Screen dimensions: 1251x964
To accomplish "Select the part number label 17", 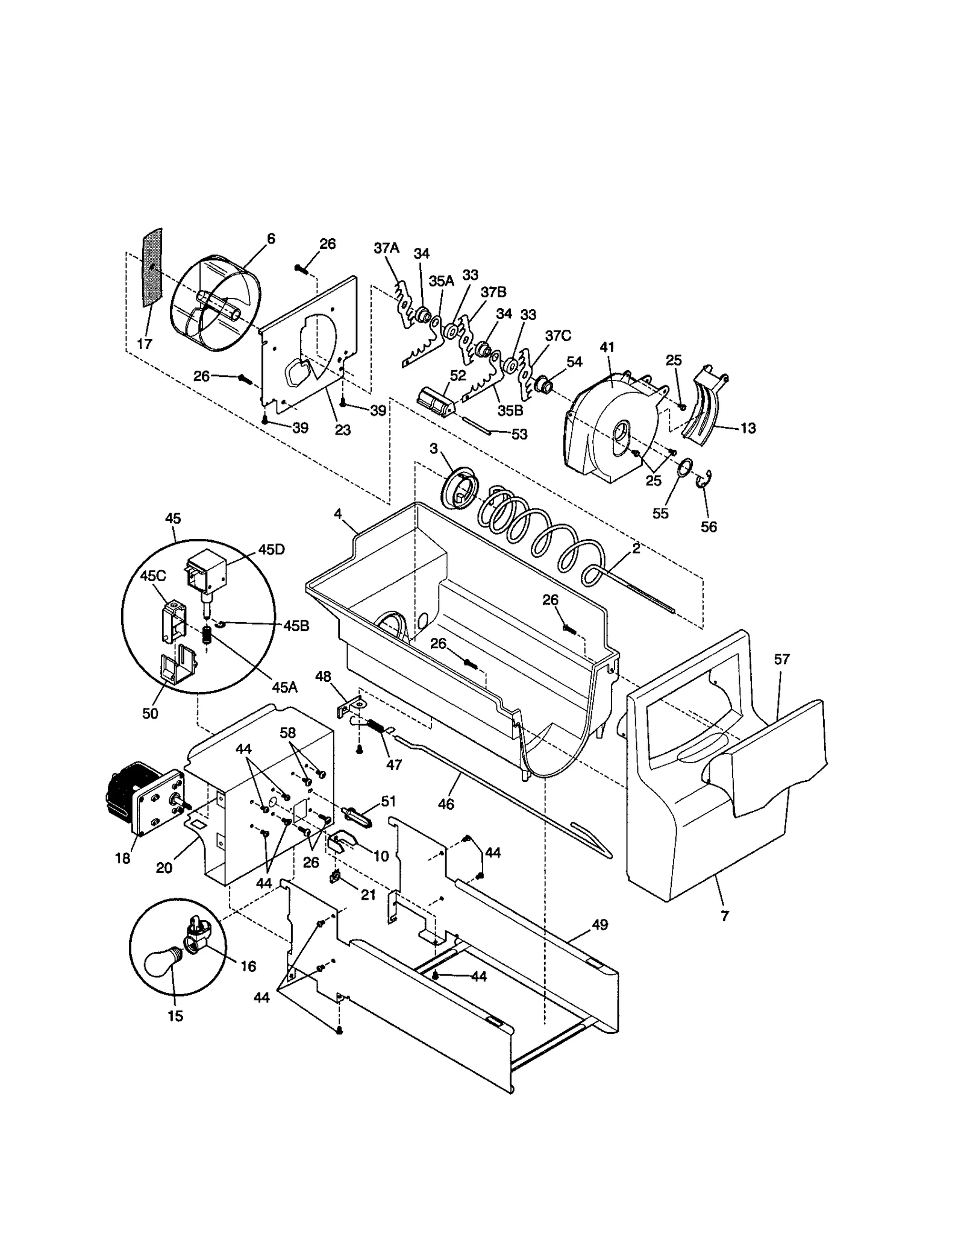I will [x=145, y=344].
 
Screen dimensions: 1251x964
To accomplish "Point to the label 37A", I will [x=386, y=248].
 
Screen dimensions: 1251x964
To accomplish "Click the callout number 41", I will [x=607, y=347].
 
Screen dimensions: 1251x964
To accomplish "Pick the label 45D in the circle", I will [x=272, y=550].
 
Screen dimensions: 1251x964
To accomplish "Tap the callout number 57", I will [x=781, y=660].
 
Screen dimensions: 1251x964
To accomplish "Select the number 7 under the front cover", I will [x=725, y=916].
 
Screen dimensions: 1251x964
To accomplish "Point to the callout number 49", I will [x=600, y=924].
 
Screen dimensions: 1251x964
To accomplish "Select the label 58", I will [x=288, y=733].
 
